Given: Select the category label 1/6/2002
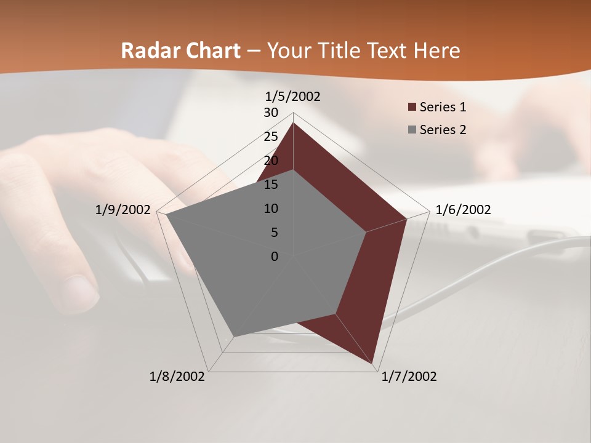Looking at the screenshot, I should tap(463, 210).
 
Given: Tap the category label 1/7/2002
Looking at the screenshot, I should tap(409, 376).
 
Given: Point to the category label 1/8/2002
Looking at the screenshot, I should tap(177, 376).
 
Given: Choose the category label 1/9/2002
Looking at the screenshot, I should tap(123, 210).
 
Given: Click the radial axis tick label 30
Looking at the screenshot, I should tap(271, 113).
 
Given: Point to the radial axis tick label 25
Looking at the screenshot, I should tap(271, 137).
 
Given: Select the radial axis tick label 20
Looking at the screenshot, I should tap(271, 161).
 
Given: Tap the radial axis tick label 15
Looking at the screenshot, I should tap(271, 185).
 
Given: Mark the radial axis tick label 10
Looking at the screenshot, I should tap(271, 209).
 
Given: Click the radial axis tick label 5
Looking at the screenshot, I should tap(274, 233).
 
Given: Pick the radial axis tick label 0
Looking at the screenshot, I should tap(274, 257).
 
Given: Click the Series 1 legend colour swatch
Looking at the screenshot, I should tap(411, 108).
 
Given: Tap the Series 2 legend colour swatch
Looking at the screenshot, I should tap(411, 130).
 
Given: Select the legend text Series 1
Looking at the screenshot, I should tap(443, 107).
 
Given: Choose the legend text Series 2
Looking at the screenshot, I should tap(443, 130).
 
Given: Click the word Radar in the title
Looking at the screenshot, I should tap(148, 50).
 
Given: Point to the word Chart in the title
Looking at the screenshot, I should tap(210, 50).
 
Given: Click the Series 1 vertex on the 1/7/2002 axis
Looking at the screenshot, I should tap(373, 363).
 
